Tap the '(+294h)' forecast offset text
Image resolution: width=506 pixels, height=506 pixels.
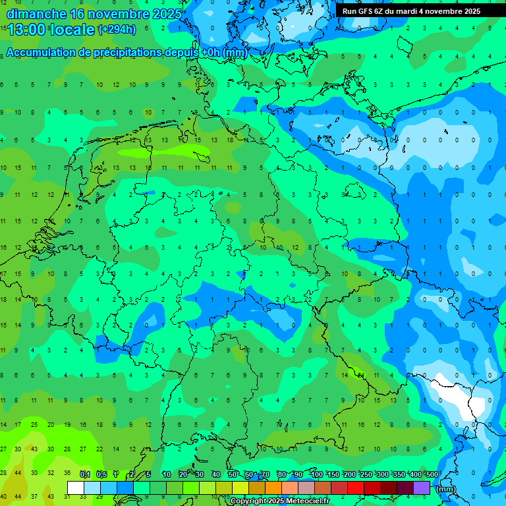pos(117,30)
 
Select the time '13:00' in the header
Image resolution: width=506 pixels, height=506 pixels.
pos(27,30)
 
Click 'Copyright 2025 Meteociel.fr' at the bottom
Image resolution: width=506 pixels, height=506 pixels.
pos(279,501)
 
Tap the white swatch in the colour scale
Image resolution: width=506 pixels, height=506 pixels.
pos(76,488)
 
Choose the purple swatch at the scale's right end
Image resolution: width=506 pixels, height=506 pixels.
pos(422,488)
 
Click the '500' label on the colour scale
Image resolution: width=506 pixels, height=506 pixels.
pos(432,474)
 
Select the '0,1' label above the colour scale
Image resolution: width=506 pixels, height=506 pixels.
pos(85,474)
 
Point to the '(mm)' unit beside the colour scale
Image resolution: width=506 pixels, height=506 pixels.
pos(446,489)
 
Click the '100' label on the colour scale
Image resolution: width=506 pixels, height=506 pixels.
pos(316,474)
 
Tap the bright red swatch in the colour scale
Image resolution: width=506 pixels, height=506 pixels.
pos(356,488)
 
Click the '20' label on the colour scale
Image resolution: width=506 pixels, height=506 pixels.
pos(183,474)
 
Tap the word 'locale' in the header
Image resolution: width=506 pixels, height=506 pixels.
pos(72,30)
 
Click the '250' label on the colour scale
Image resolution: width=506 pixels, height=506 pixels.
pos(366,474)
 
